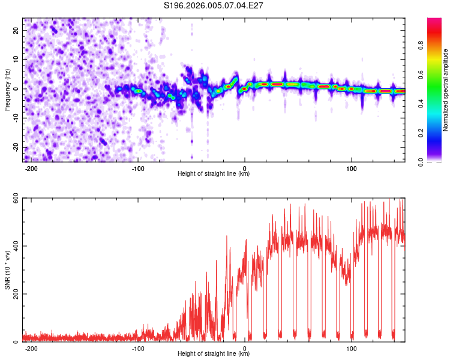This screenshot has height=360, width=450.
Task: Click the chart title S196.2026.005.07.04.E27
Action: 214,5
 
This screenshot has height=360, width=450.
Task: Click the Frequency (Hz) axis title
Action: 7,90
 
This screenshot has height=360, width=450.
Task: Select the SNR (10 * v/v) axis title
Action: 7,270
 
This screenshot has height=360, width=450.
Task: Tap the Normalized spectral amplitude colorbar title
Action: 446,90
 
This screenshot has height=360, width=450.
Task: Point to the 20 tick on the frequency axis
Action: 16,30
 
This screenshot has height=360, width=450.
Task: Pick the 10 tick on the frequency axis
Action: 16,59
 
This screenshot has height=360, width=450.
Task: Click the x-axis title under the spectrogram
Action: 214,174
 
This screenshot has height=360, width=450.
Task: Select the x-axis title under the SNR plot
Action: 214,354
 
